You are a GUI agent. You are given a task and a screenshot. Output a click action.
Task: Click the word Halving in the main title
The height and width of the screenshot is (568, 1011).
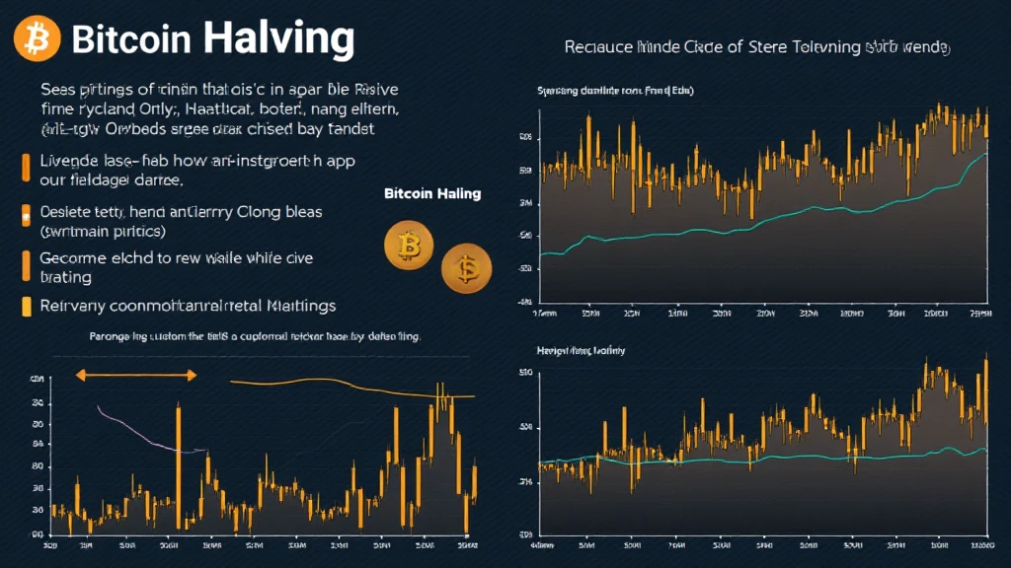278,38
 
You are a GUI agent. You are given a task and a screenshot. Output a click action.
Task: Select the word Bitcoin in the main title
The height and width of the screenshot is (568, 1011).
131,39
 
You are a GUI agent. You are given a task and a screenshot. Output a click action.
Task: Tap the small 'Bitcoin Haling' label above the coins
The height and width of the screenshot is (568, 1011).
432,193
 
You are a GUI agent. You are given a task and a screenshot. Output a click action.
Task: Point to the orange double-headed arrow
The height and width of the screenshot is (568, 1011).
136,375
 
